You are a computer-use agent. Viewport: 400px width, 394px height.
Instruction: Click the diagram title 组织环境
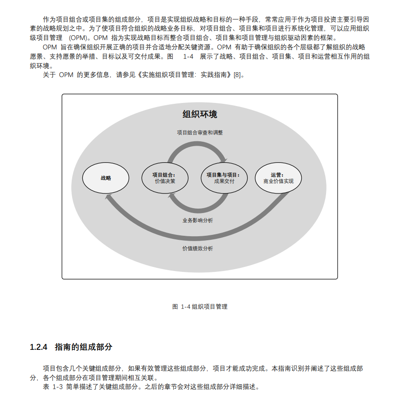tap(200, 114)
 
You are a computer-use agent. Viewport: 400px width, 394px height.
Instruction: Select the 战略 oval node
tap(106, 178)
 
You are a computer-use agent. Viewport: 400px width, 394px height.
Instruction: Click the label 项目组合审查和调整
tap(200, 132)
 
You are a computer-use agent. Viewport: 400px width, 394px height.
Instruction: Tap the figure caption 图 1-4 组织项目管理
tap(200, 307)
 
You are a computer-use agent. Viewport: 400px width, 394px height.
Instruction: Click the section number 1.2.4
tap(39, 347)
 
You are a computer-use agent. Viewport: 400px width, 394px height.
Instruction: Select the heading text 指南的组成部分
tap(83, 347)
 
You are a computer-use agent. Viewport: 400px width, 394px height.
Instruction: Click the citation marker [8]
tap(238, 74)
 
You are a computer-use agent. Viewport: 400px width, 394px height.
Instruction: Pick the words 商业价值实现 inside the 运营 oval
tap(278, 181)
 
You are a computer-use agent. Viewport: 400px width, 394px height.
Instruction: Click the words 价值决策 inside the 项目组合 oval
tap(164, 181)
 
